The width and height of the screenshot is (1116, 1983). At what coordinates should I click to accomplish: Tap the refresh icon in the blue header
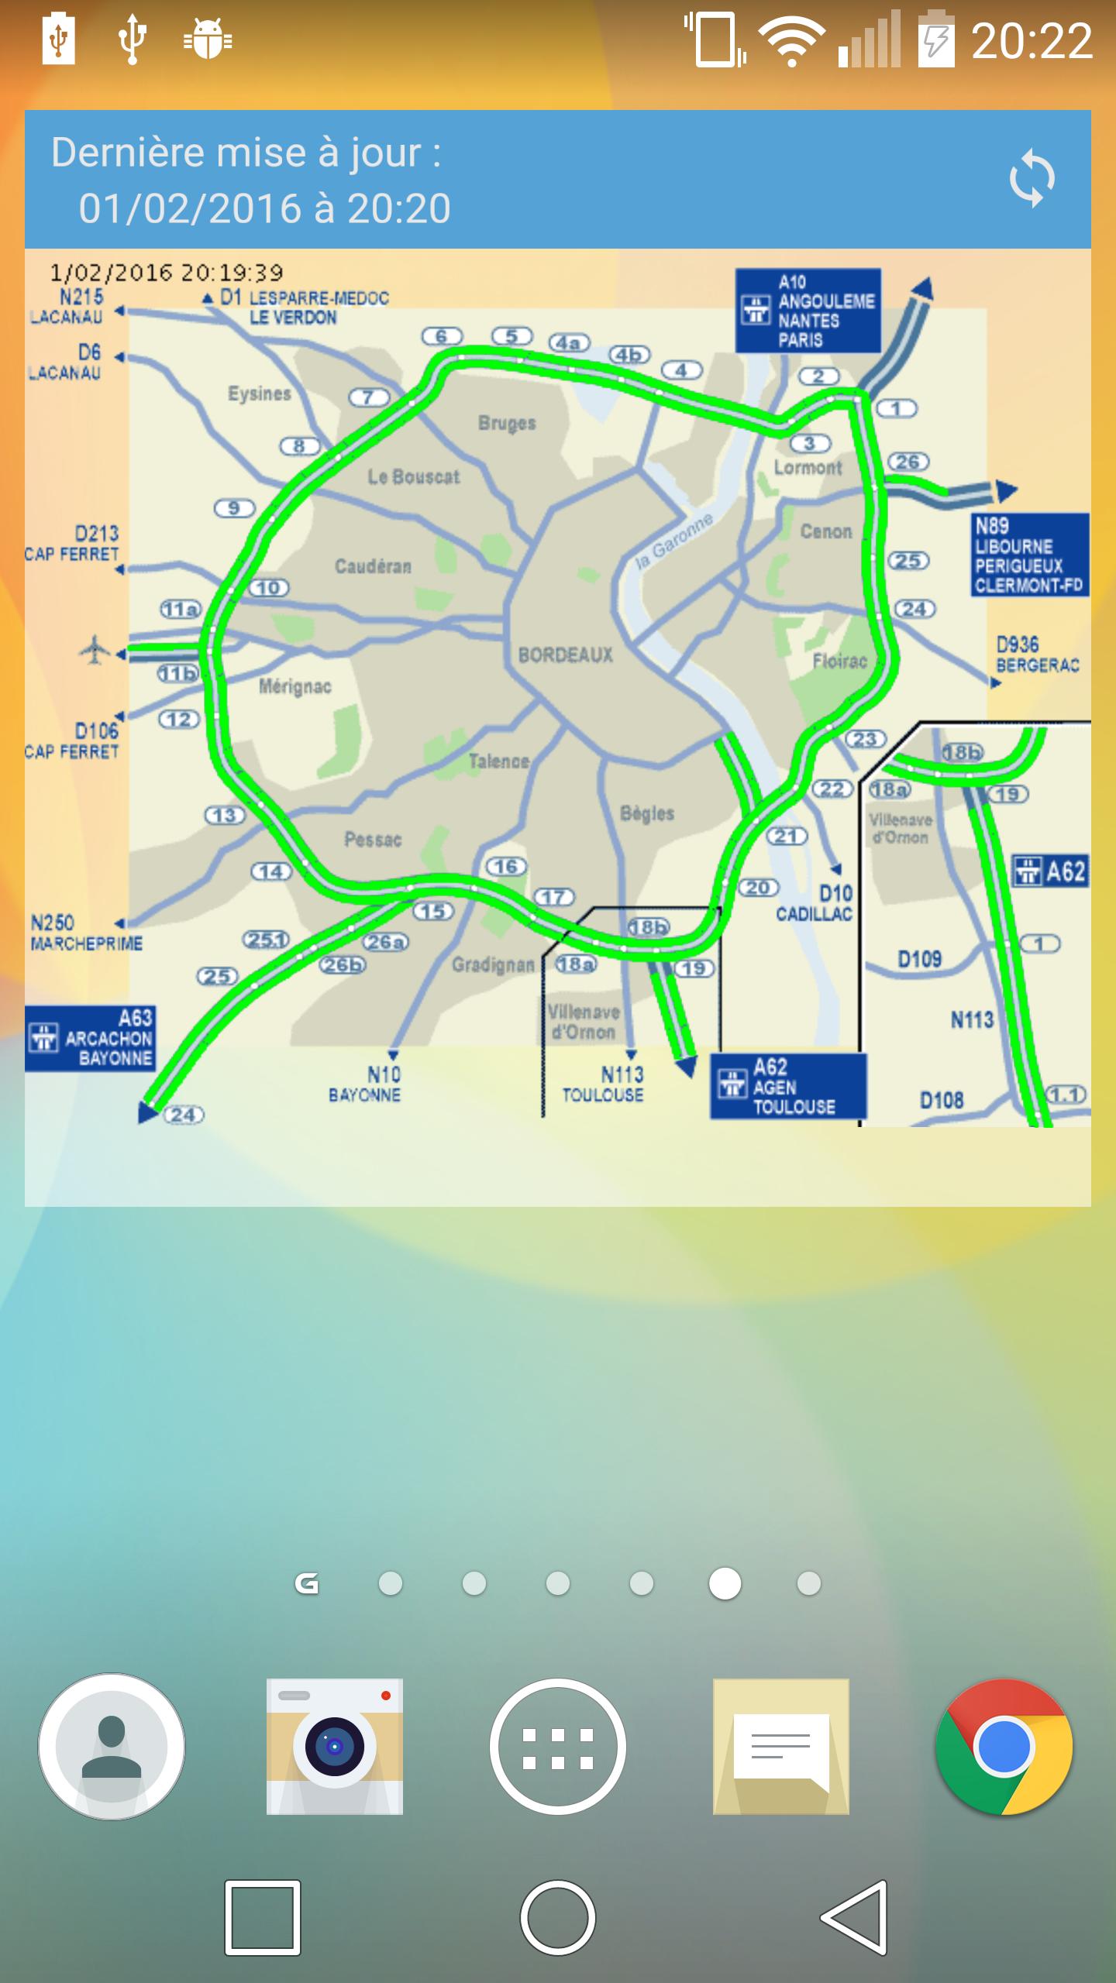(1032, 180)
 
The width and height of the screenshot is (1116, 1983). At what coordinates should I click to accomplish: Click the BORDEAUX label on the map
(565, 655)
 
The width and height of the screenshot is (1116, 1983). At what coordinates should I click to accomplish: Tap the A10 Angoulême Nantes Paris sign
(808, 311)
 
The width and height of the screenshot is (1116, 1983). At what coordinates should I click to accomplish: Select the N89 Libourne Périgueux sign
(1029, 555)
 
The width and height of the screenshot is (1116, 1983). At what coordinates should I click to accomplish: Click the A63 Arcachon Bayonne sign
(90, 1038)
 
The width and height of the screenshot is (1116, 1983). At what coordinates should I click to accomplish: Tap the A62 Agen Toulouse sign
(787, 1086)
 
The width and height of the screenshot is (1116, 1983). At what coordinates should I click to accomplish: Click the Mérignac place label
(294, 686)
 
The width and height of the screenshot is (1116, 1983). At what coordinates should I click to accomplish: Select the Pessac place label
(373, 840)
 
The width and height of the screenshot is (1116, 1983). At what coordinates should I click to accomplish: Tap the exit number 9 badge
(234, 508)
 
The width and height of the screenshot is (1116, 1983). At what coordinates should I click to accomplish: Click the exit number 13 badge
(225, 815)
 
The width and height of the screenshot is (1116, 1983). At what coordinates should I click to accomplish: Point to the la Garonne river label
(673, 541)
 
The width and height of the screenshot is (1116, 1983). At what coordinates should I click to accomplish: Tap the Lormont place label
(808, 468)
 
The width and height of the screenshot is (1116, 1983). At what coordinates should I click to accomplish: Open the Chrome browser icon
(1004, 1747)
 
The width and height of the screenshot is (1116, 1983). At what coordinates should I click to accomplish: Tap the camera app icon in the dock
(335, 1747)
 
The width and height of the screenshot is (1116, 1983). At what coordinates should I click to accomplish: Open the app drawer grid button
(558, 1747)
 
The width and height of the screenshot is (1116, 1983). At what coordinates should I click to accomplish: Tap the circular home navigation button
(558, 1917)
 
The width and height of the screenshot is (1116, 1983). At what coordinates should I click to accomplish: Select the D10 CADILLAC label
(814, 904)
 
